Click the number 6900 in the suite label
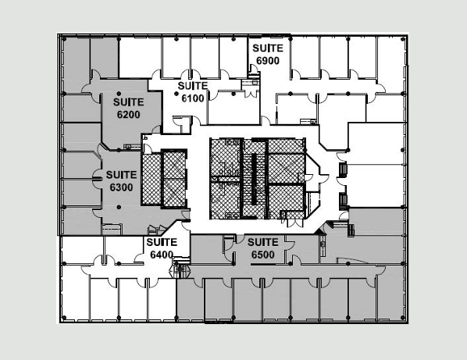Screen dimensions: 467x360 268,61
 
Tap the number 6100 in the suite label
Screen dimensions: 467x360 193,98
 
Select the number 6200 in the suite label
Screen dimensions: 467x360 128,115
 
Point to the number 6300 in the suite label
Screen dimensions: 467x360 121,187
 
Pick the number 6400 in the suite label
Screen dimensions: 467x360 162,255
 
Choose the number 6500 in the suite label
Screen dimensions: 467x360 263,255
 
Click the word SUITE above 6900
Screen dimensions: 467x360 268,48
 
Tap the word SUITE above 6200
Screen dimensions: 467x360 128,102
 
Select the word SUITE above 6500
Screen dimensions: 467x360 263,242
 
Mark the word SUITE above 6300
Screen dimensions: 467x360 121,175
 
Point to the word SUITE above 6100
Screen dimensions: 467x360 193,86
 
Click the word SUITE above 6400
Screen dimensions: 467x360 162,242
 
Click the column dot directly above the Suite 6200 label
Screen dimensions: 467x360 119,94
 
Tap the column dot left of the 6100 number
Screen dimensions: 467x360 176,94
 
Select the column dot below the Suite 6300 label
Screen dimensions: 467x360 119,207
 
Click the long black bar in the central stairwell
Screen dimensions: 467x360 254,180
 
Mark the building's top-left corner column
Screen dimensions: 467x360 63,39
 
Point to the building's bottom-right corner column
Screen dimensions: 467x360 403,318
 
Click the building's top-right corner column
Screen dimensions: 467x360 403,39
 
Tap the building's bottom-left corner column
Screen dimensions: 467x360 63,318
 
